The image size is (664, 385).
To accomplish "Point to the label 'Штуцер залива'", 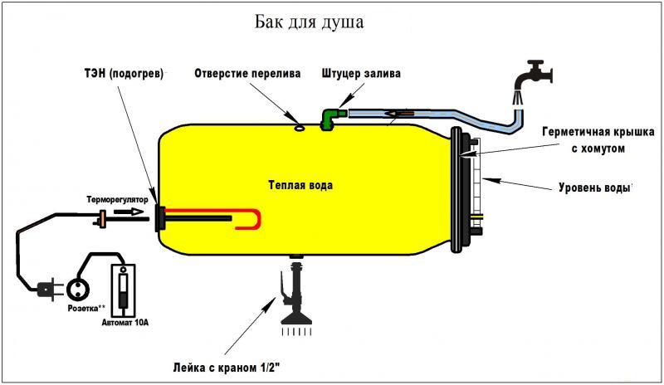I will (360, 73).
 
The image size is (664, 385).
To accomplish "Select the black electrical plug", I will (45, 289).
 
